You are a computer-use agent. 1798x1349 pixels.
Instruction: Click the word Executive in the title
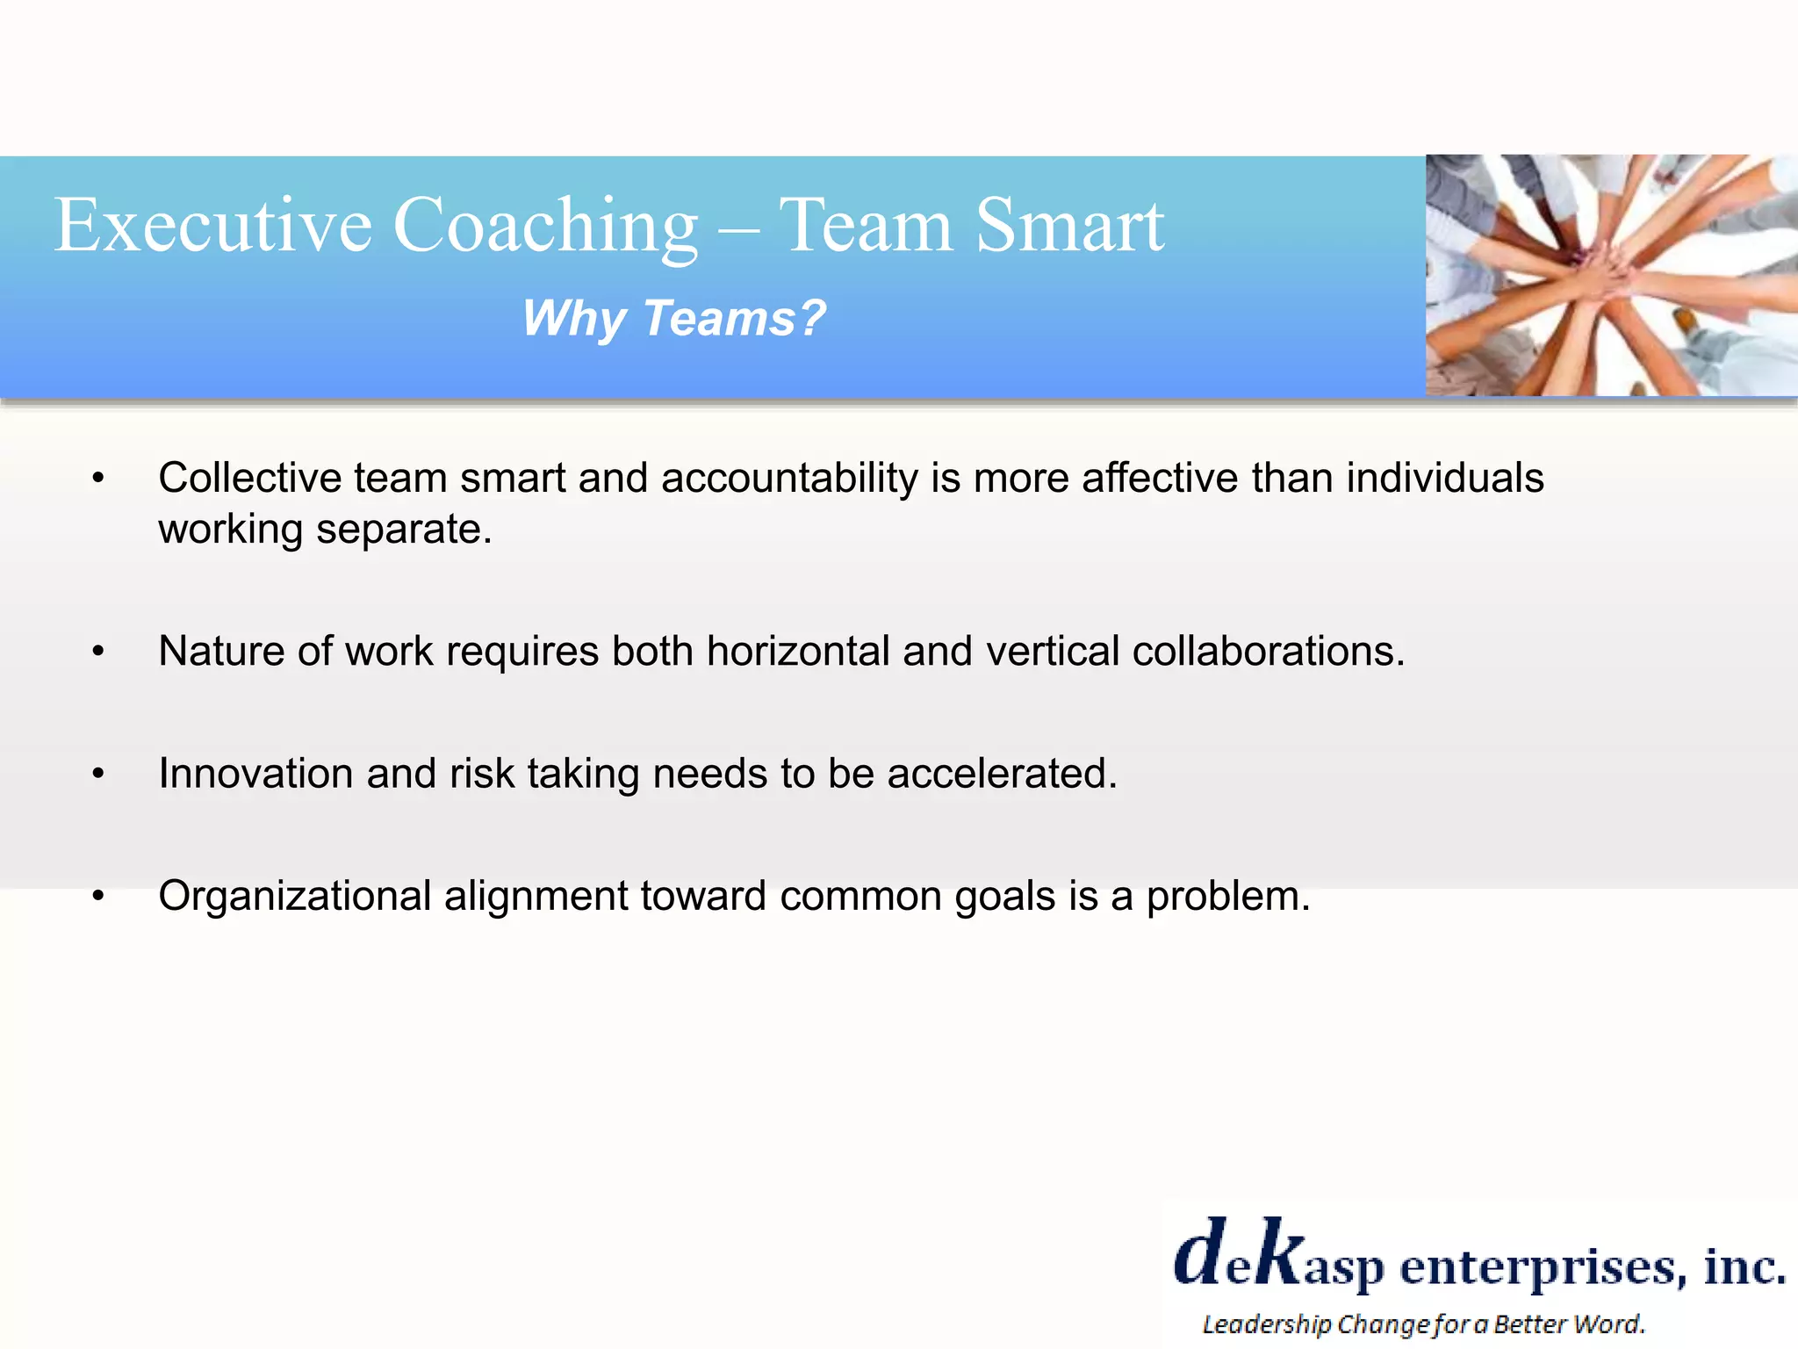coord(213,225)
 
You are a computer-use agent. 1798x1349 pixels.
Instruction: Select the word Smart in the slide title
coord(1069,225)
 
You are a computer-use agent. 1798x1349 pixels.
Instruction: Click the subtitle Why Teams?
coord(674,318)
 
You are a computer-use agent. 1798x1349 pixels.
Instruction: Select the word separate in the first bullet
coord(404,530)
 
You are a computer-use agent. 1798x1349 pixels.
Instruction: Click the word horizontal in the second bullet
coord(798,652)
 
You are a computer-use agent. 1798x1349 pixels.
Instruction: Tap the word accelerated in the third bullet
coord(1001,774)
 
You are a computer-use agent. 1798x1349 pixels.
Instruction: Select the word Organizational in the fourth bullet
coord(294,897)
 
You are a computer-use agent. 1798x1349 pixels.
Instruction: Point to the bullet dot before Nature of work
coord(98,652)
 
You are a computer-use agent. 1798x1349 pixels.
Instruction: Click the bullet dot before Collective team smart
coord(98,479)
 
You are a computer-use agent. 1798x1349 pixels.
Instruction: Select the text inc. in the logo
coord(1743,1265)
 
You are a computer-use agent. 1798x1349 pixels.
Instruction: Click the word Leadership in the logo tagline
coord(1266,1324)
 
